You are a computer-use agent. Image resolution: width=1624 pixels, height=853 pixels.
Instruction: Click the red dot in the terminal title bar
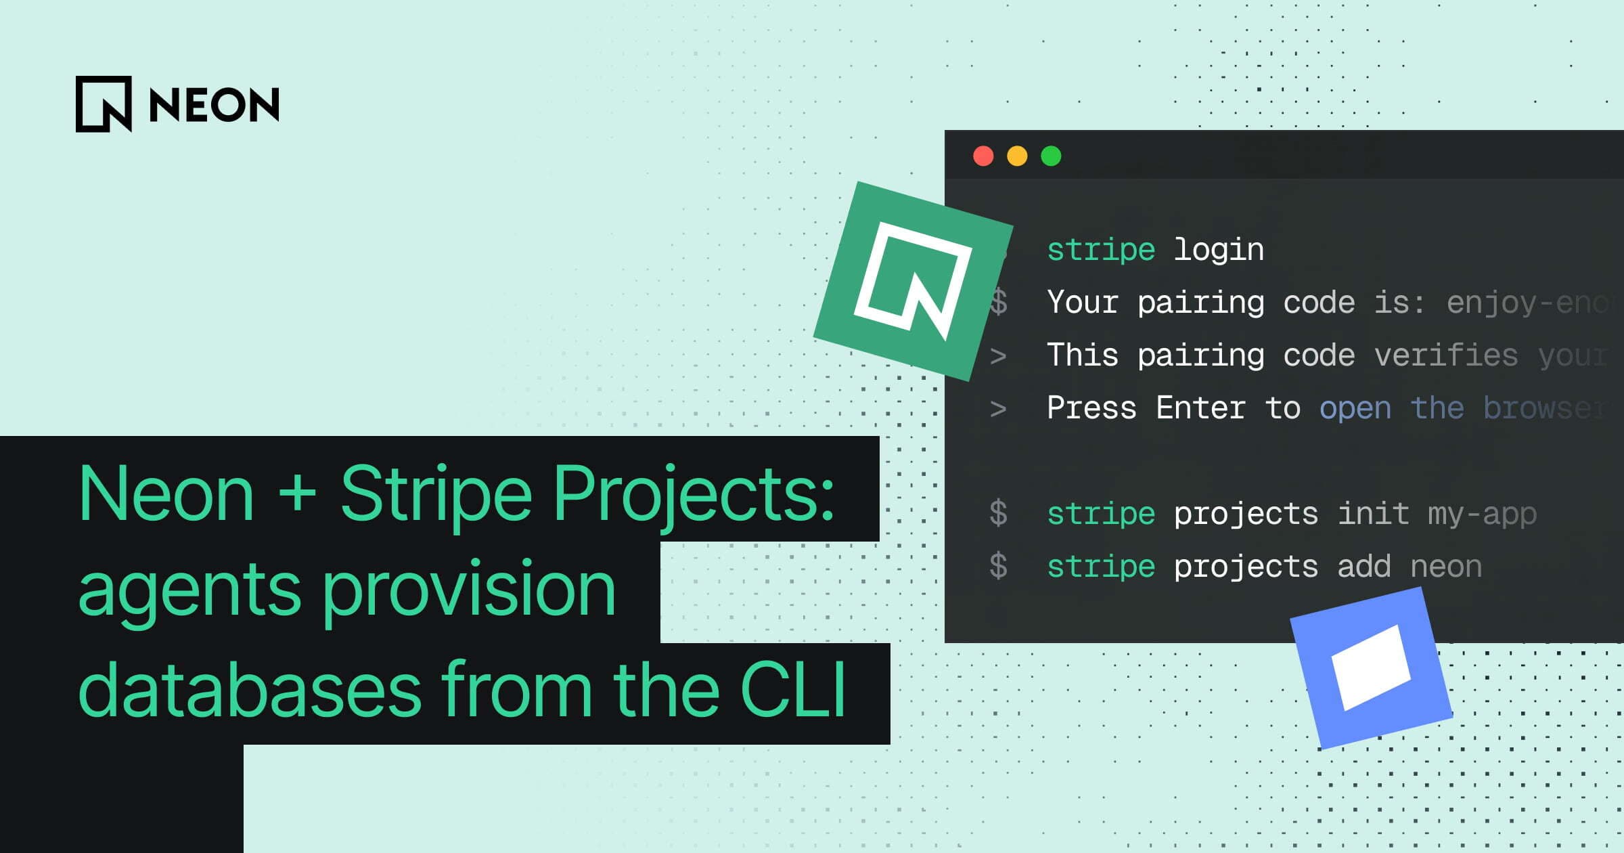point(983,156)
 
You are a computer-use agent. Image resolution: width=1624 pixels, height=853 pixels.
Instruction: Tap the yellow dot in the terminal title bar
point(1017,156)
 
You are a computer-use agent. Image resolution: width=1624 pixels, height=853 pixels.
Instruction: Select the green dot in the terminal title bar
point(1051,156)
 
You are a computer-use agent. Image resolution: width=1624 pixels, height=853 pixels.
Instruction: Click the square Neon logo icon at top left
point(104,104)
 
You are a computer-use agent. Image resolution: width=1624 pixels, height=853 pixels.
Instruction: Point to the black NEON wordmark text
point(214,105)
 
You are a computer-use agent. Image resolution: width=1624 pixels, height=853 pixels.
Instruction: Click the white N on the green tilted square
point(913,280)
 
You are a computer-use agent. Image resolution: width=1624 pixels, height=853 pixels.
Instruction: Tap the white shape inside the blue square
point(1371,668)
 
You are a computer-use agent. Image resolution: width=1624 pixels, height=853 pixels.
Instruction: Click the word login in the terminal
point(1218,250)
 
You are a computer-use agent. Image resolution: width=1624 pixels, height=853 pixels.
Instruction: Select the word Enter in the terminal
point(1200,408)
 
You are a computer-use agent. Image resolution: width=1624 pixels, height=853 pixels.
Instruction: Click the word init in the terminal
point(1373,514)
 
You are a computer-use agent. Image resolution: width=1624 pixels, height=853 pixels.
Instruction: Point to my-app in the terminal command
point(1482,514)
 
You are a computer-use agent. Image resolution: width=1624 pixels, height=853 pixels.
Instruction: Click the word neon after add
point(1446,567)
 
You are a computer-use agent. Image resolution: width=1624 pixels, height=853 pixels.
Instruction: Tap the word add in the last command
point(1363,567)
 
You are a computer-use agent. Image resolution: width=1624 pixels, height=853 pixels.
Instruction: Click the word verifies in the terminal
point(1446,355)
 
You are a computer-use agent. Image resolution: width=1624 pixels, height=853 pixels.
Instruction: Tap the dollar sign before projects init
point(998,513)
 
